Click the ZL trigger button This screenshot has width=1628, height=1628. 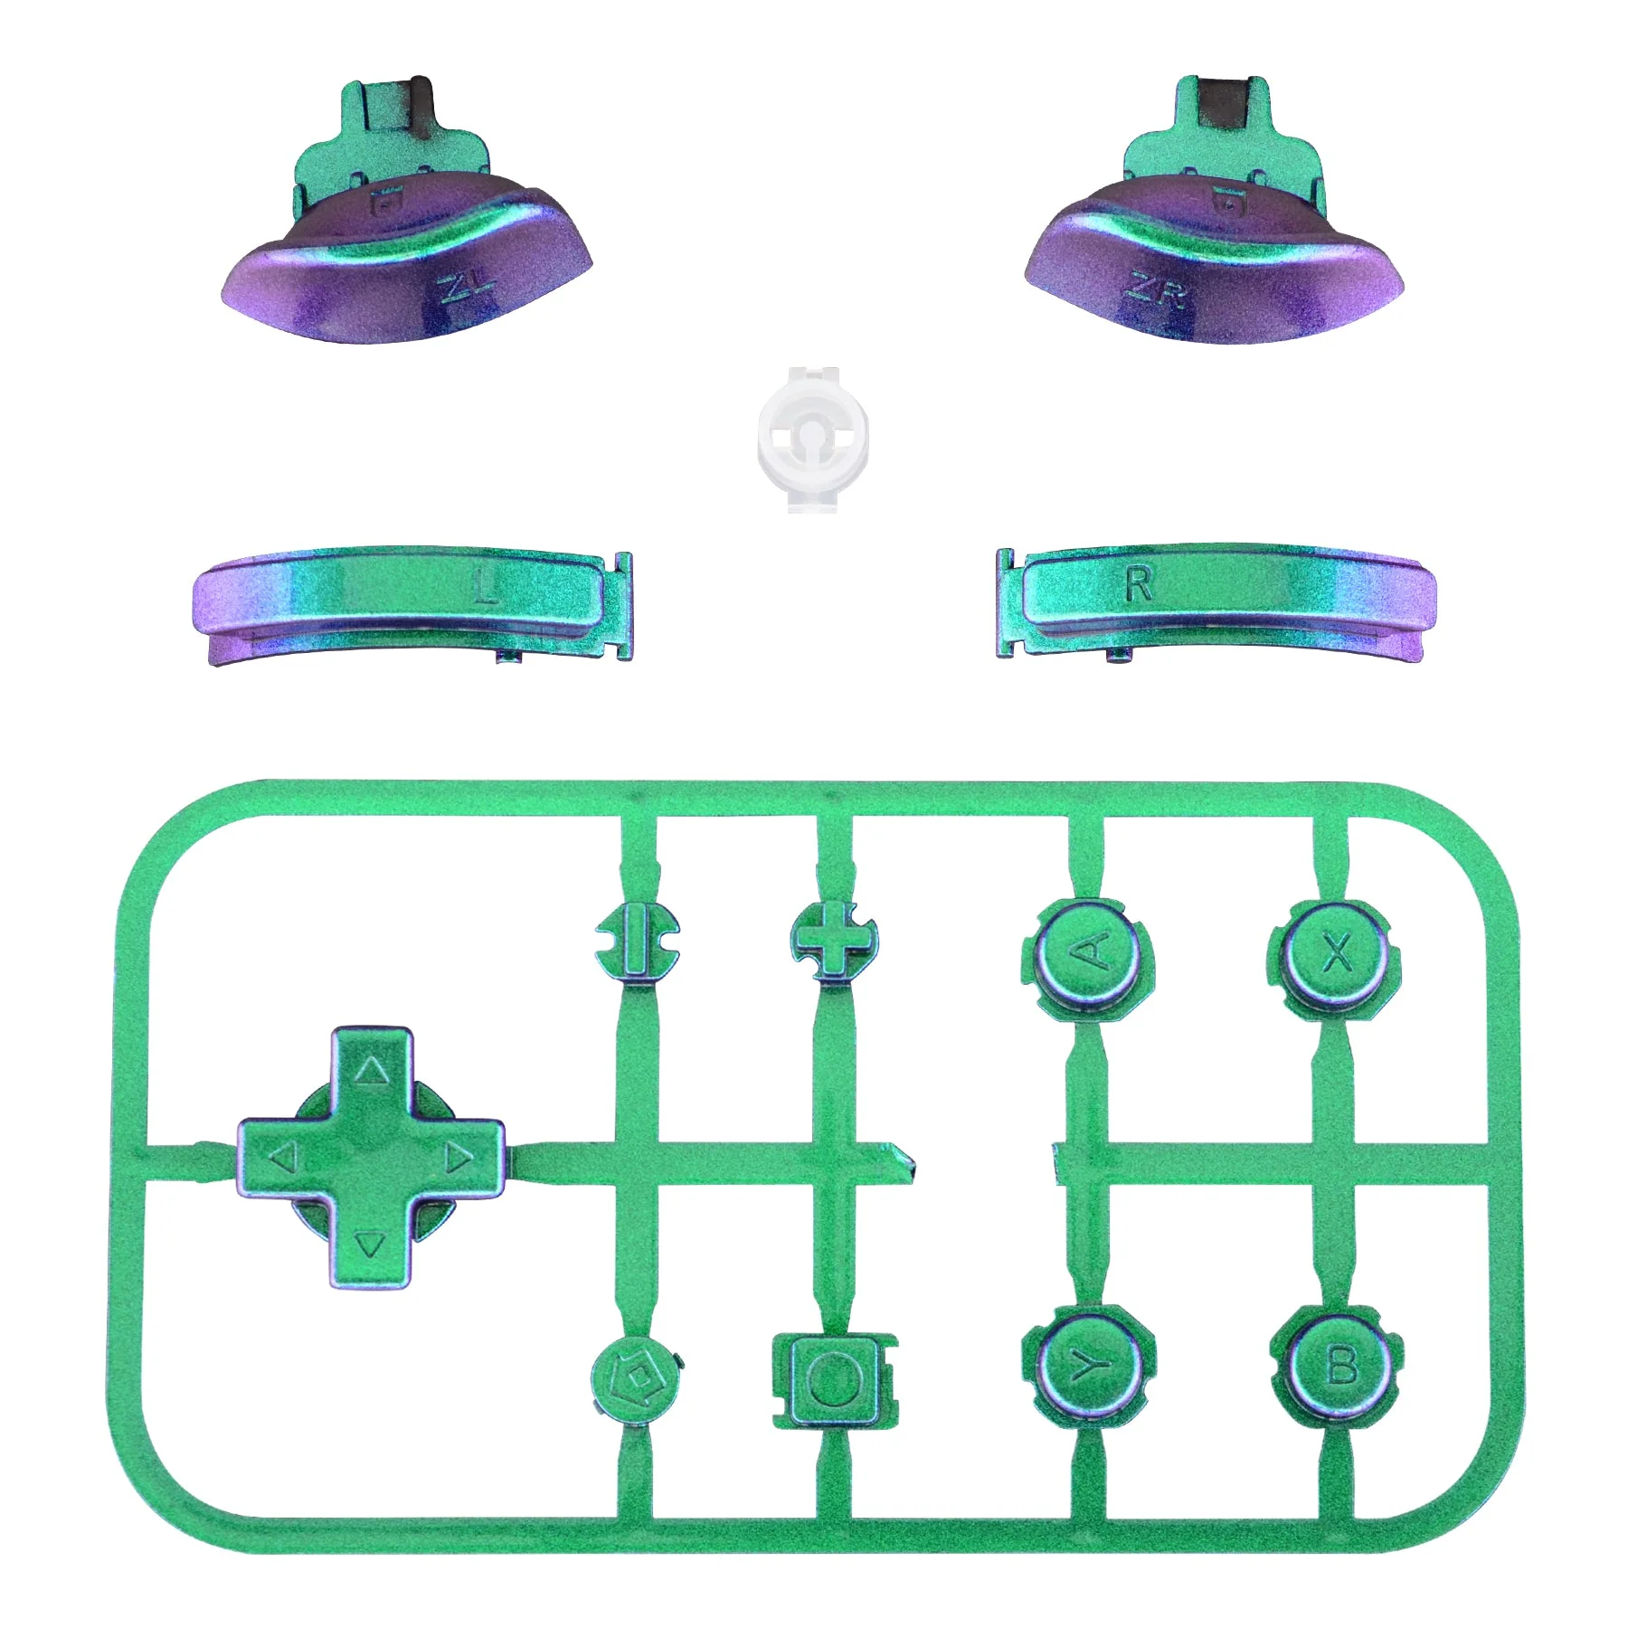coord(407,235)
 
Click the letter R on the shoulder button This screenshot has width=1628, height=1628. coord(1139,584)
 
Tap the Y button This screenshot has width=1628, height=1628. coord(1088,1366)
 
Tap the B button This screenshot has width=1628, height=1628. coord(1337,1366)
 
